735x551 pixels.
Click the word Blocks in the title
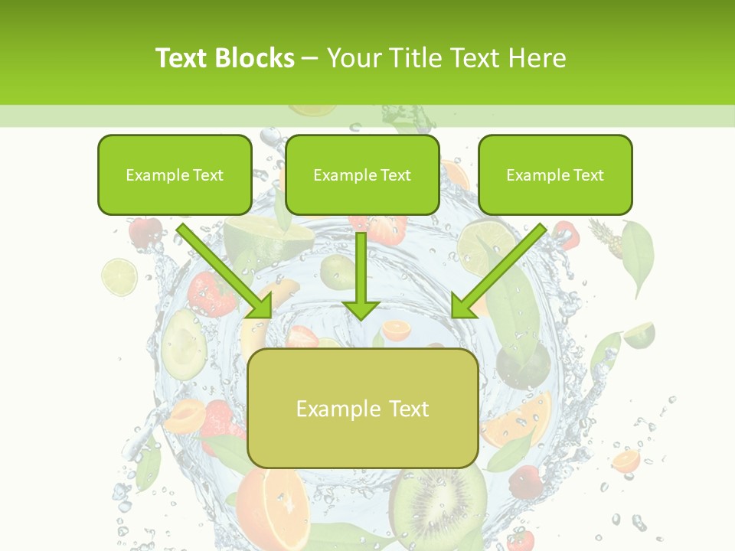pyautogui.click(x=256, y=58)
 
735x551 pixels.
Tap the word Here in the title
pyautogui.click(x=537, y=58)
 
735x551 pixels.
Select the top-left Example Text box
pyautogui.click(x=175, y=174)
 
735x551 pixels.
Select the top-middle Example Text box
pyautogui.click(x=362, y=174)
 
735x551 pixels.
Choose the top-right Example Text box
pyautogui.click(x=555, y=174)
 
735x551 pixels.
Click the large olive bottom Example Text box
pyautogui.click(x=362, y=408)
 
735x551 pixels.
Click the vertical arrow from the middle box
pyautogui.click(x=361, y=275)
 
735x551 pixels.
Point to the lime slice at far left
pyautogui.click(x=119, y=276)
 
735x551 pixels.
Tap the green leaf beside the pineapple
pyautogui.click(x=638, y=256)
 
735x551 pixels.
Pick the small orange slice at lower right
pyautogui.click(x=626, y=461)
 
